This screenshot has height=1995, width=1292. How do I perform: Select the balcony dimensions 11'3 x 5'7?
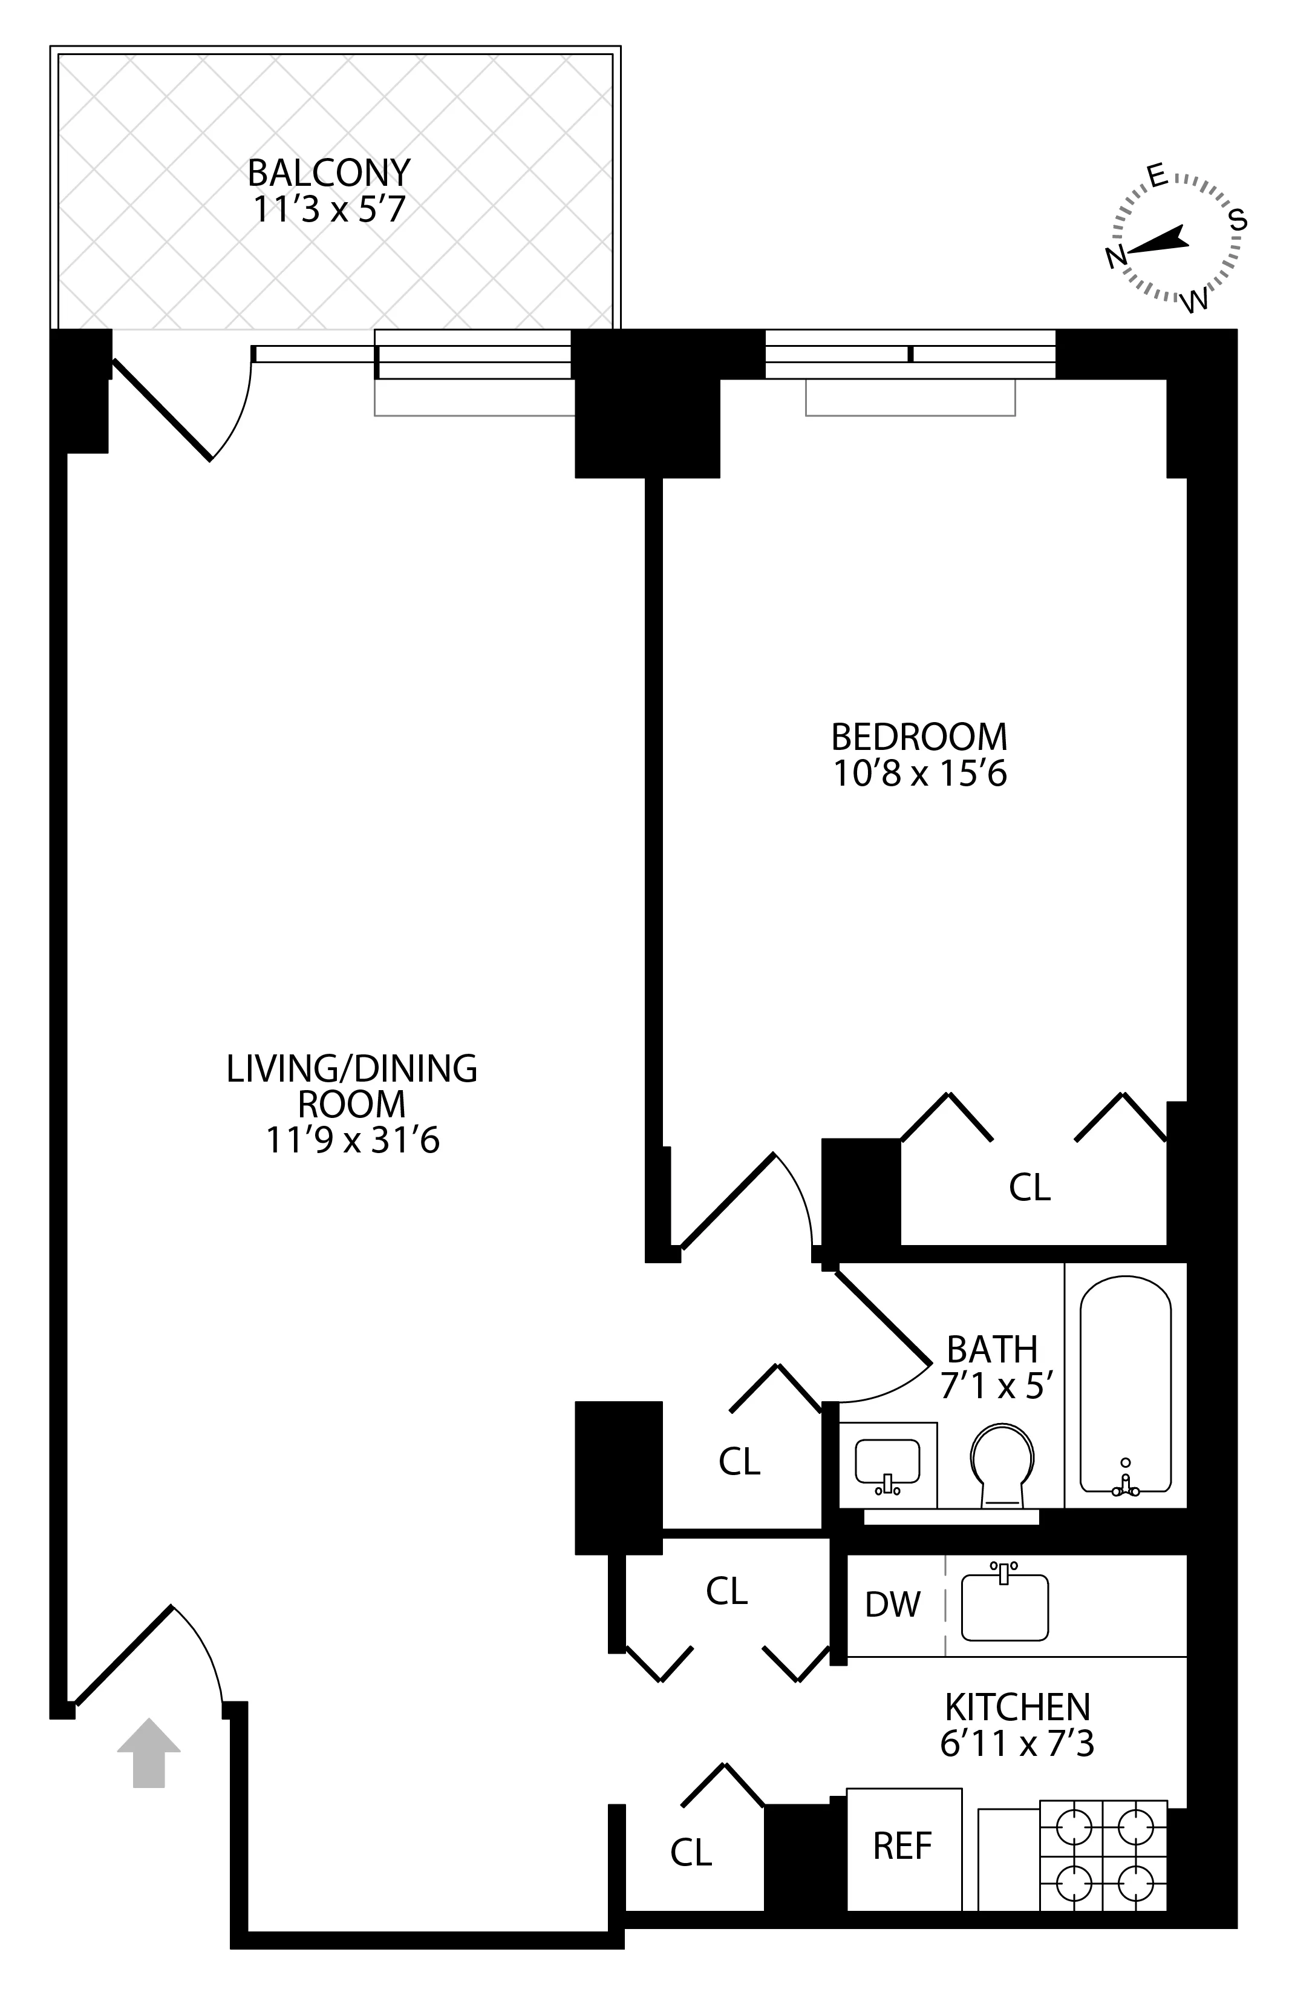tap(328, 209)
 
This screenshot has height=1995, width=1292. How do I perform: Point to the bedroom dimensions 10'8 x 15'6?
tap(918, 774)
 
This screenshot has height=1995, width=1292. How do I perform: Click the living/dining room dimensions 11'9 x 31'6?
tap(352, 1140)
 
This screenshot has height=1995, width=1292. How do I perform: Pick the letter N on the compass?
tap(1115, 257)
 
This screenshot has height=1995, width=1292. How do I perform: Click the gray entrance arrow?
tap(148, 1751)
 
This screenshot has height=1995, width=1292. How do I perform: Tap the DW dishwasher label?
tap(892, 1605)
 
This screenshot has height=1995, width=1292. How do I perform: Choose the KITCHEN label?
tap(1016, 1707)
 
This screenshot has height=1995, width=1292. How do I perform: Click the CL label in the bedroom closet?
tap(1029, 1187)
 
